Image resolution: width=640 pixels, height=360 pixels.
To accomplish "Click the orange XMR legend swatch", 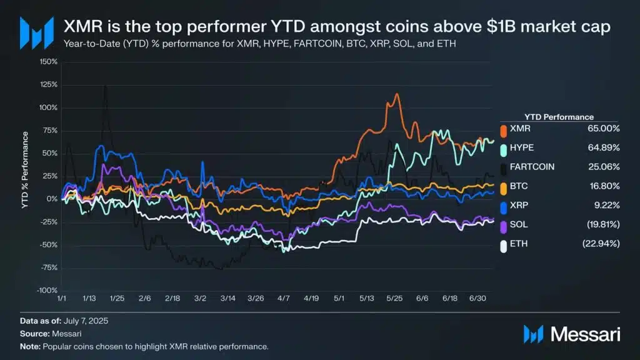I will (503, 128).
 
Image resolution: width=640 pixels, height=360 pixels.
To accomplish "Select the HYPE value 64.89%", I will (602, 147).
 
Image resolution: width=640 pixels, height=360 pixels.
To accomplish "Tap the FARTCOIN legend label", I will (532, 167).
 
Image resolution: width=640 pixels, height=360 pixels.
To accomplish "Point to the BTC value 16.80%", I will (602, 186).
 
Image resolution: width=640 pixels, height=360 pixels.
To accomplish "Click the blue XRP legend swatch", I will (503, 205).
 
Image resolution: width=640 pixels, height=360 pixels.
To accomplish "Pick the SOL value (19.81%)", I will (601, 224).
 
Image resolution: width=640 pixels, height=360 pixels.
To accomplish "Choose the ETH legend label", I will (519, 244).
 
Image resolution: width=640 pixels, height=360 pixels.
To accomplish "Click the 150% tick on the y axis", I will (48, 62).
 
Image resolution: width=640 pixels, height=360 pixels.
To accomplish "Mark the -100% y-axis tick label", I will (47, 290).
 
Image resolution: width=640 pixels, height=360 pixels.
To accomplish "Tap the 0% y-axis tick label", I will (52, 199).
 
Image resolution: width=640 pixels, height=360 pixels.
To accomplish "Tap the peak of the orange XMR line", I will (396, 94).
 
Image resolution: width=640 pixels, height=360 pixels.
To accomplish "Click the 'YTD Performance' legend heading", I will (558, 116).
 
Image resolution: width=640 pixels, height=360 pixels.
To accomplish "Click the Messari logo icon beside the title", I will (33, 32).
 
